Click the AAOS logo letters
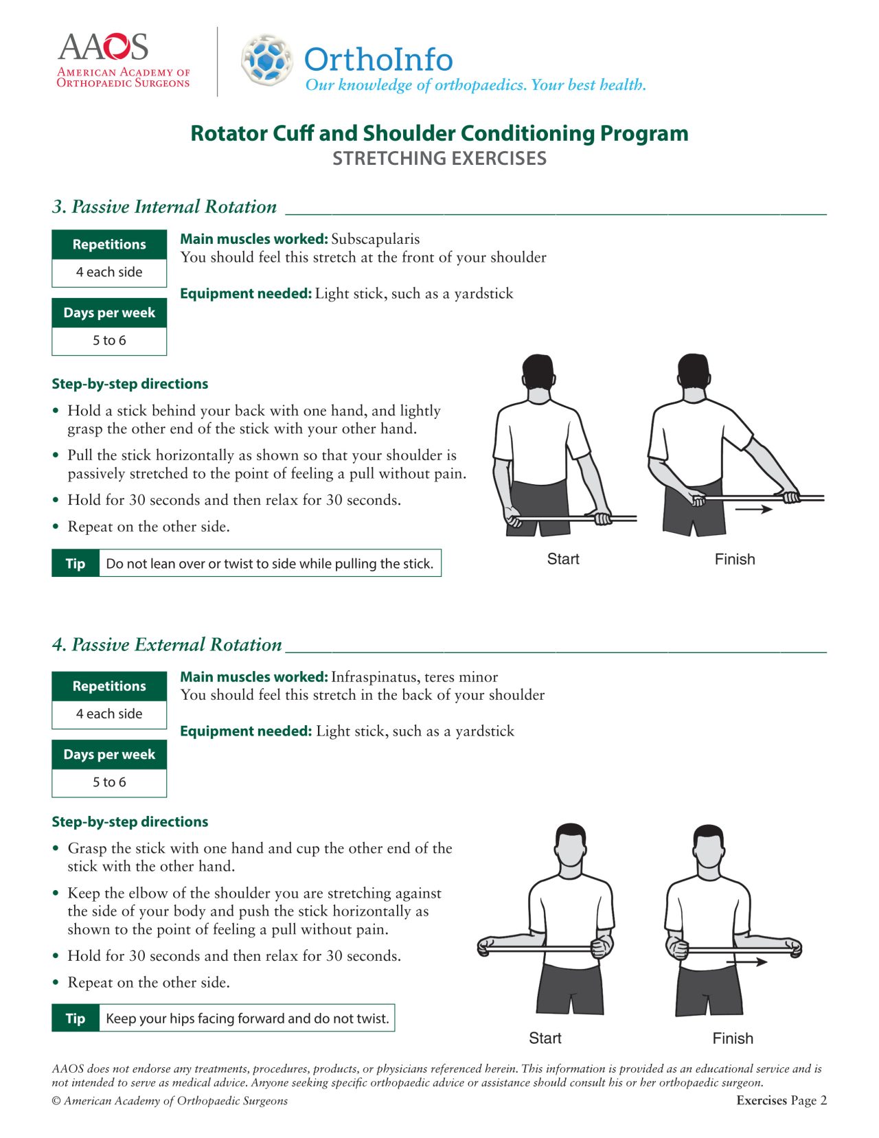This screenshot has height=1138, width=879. tap(103, 47)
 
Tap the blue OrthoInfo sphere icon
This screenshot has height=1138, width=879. tap(267, 60)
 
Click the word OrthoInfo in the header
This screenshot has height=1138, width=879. tap(378, 60)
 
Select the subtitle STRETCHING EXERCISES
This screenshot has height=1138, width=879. tap(439, 159)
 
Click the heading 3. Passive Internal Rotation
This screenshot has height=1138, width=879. tap(164, 207)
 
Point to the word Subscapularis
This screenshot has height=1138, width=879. tap(375, 239)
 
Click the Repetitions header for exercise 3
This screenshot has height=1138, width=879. tap(109, 244)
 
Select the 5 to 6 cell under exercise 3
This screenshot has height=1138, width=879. tap(109, 341)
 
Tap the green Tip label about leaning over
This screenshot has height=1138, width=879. tap(76, 563)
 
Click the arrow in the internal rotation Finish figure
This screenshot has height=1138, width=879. tap(753, 510)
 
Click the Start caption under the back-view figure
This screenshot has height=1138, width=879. tap(563, 559)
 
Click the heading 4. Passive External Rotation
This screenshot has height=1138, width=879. tap(167, 644)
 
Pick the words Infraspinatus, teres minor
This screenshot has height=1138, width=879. tap(414, 676)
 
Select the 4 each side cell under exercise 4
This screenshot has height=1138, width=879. tap(109, 714)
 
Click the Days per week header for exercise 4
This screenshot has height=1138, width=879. tap(109, 754)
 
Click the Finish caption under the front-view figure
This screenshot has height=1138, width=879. tap(733, 1038)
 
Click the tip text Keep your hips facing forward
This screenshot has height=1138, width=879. tap(247, 1018)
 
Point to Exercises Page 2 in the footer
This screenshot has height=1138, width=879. tap(781, 1100)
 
